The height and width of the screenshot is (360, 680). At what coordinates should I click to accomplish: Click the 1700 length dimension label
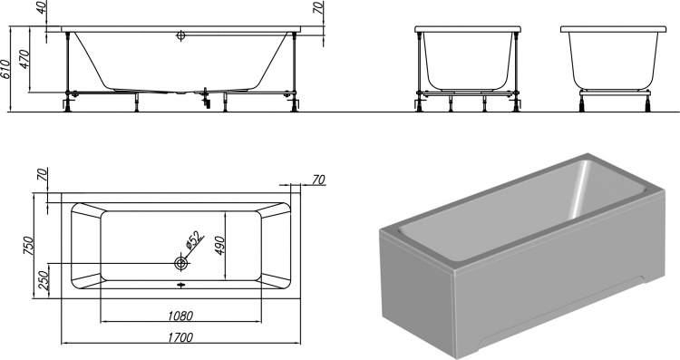tap(180, 337)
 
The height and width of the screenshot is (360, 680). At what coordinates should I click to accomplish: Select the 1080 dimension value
tap(180, 316)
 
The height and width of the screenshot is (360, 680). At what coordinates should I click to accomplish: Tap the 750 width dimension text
tap(28, 246)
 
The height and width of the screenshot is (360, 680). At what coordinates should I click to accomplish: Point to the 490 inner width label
tap(220, 246)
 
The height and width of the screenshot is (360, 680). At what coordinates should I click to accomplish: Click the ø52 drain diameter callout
tap(194, 241)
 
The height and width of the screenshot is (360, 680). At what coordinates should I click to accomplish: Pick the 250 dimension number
tap(43, 280)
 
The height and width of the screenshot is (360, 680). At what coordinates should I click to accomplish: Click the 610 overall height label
tap(5, 70)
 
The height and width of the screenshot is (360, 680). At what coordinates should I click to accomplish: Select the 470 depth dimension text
tap(24, 60)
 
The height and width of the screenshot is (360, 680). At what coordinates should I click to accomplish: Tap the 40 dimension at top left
tap(41, 7)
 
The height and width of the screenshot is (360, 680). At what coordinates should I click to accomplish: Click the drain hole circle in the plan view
tap(180, 263)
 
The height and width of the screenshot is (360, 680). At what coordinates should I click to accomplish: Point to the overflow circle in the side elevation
tap(180, 35)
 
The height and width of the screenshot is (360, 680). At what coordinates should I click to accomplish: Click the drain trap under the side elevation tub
tap(206, 99)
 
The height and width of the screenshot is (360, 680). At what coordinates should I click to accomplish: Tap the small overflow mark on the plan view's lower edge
tap(180, 285)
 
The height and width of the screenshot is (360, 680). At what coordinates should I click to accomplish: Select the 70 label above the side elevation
tap(319, 7)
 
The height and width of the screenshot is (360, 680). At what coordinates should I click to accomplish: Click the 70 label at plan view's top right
tap(319, 180)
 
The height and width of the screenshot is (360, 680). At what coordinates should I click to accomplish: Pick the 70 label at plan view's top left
tap(42, 174)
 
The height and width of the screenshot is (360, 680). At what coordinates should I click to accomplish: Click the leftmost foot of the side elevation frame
tap(68, 104)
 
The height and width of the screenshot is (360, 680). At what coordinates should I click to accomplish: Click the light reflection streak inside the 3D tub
tap(580, 190)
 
